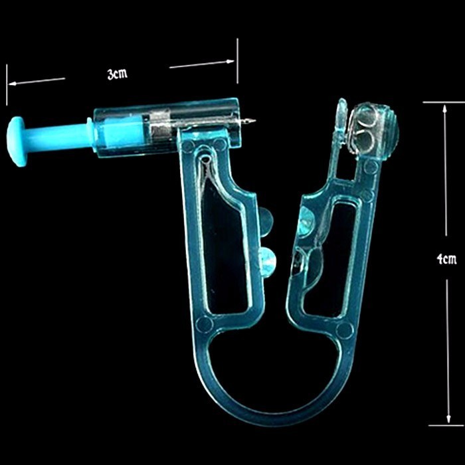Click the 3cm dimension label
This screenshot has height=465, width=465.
click(118, 74)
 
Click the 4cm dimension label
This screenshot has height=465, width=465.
click(446, 259)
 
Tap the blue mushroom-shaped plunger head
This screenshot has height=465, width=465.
click(18, 141)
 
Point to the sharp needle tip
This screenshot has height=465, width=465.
click(254, 120)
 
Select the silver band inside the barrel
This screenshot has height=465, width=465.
click(160, 127)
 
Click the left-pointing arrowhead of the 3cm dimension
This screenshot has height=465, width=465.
click(13, 84)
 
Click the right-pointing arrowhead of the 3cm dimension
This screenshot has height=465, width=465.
click(230, 62)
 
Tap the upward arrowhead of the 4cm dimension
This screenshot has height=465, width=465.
click(444, 109)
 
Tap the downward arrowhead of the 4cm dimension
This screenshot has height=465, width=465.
click(448, 418)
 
